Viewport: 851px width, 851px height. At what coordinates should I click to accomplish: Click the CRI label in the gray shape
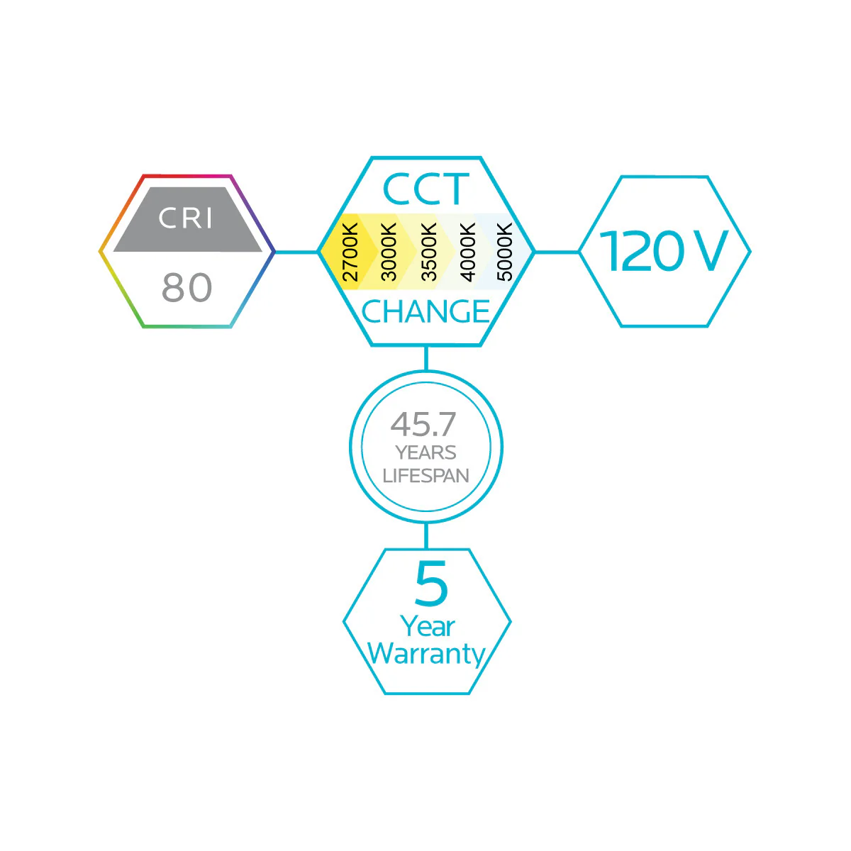click(185, 218)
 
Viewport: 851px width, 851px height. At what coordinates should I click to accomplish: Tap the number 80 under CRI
click(187, 287)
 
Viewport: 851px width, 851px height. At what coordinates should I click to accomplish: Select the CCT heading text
click(425, 189)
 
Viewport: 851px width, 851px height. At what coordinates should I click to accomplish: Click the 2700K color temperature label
click(350, 252)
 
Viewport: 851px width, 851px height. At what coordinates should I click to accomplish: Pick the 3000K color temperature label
click(389, 252)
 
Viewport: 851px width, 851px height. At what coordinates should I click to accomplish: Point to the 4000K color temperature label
click(467, 252)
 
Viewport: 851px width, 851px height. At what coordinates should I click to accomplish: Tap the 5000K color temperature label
click(505, 252)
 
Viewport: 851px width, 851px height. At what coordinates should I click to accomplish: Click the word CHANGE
click(425, 311)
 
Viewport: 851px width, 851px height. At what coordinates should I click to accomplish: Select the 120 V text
click(663, 251)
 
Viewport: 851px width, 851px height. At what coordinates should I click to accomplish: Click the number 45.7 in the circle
click(423, 424)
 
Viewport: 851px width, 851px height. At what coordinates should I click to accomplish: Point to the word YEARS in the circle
click(425, 452)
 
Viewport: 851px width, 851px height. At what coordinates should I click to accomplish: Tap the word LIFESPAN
click(425, 476)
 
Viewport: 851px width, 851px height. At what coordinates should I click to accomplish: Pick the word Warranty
click(426, 654)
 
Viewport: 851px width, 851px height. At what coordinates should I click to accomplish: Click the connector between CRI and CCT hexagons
click(296, 252)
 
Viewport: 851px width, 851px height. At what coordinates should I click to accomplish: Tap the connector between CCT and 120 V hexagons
click(557, 252)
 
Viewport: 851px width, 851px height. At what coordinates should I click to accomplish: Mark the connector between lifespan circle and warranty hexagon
click(425, 535)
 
